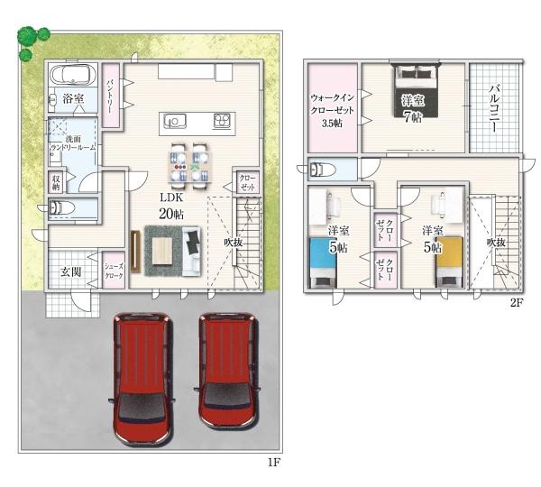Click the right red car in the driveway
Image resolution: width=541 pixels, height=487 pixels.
225,370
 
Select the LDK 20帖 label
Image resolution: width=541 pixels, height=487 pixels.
172,205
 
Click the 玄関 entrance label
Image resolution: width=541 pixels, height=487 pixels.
71,271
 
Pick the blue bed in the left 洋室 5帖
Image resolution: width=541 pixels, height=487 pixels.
324,261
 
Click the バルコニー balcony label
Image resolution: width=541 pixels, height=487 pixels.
495,108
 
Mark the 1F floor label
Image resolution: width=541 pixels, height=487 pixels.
274,463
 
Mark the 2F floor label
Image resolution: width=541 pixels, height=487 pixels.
516,302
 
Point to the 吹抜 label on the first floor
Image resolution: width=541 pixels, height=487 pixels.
233,242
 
